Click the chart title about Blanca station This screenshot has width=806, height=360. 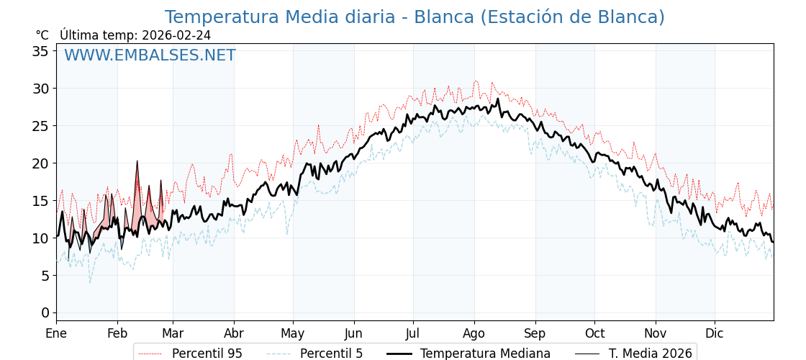[x=415, y=17]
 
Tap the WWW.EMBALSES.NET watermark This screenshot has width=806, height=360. [x=150, y=55]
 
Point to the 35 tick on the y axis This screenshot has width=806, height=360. [x=40, y=51]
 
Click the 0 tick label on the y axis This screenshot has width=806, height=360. [x=45, y=312]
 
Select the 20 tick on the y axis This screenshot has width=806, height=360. [x=40, y=163]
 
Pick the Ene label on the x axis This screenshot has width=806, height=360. [x=56, y=334]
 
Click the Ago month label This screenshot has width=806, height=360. [x=474, y=334]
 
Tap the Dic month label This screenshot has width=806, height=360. [x=714, y=334]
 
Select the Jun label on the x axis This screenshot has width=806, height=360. [x=353, y=334]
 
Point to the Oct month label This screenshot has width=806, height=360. [x=594, y=334]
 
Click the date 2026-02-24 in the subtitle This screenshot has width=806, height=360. [x=176, y=35]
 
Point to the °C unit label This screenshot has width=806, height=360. [x=42, y=35]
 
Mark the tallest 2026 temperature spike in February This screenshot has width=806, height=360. [x=137, y=161]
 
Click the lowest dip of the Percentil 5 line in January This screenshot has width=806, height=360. [x=90, y=282]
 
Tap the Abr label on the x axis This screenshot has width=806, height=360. [x=233, y=334]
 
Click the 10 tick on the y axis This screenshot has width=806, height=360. [x=40, y=238]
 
